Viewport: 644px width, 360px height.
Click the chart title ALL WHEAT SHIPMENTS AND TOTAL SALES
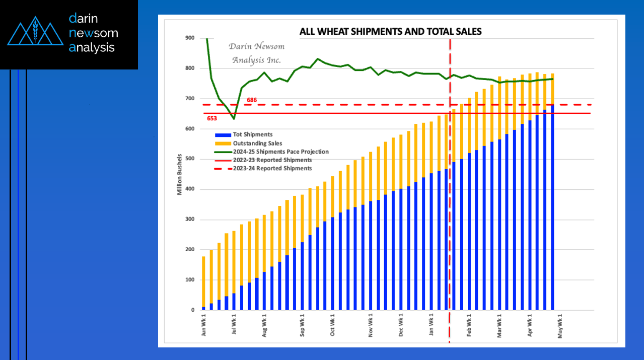[x=390, y=31]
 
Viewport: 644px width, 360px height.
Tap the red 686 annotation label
[x=252, y=100]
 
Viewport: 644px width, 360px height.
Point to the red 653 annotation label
[x=212, y=118]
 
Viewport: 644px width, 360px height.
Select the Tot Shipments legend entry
[x=244, y=134]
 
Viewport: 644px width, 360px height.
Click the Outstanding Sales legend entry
[x=248, y=143]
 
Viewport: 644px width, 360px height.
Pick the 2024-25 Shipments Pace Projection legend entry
[x=271, y=152]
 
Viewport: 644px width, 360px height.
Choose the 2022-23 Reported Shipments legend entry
[x=263, y=160]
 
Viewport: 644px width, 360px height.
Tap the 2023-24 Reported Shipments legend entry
[x=263, y=168]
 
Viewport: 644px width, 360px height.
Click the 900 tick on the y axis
[x=190, y=38]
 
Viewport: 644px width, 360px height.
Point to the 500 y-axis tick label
[x=190, y=159]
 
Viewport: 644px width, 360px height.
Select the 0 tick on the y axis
[x=193, y=310]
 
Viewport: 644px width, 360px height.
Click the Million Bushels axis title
[x=179, y=175]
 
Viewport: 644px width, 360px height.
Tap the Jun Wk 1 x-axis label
[x=203, y=325]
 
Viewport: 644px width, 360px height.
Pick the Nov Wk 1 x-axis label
[x=370, y=325]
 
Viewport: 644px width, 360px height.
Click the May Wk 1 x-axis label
[x=560, y=326]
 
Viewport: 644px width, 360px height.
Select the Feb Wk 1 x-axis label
[x=469, y=325]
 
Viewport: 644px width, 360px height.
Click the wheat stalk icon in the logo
[x=35, y=30]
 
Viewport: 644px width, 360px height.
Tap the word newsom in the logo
[x=94, y=33]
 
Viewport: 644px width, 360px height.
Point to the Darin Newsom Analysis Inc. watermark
[x=256, y=53]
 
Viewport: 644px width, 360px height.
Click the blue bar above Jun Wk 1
[x=203, y=309]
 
